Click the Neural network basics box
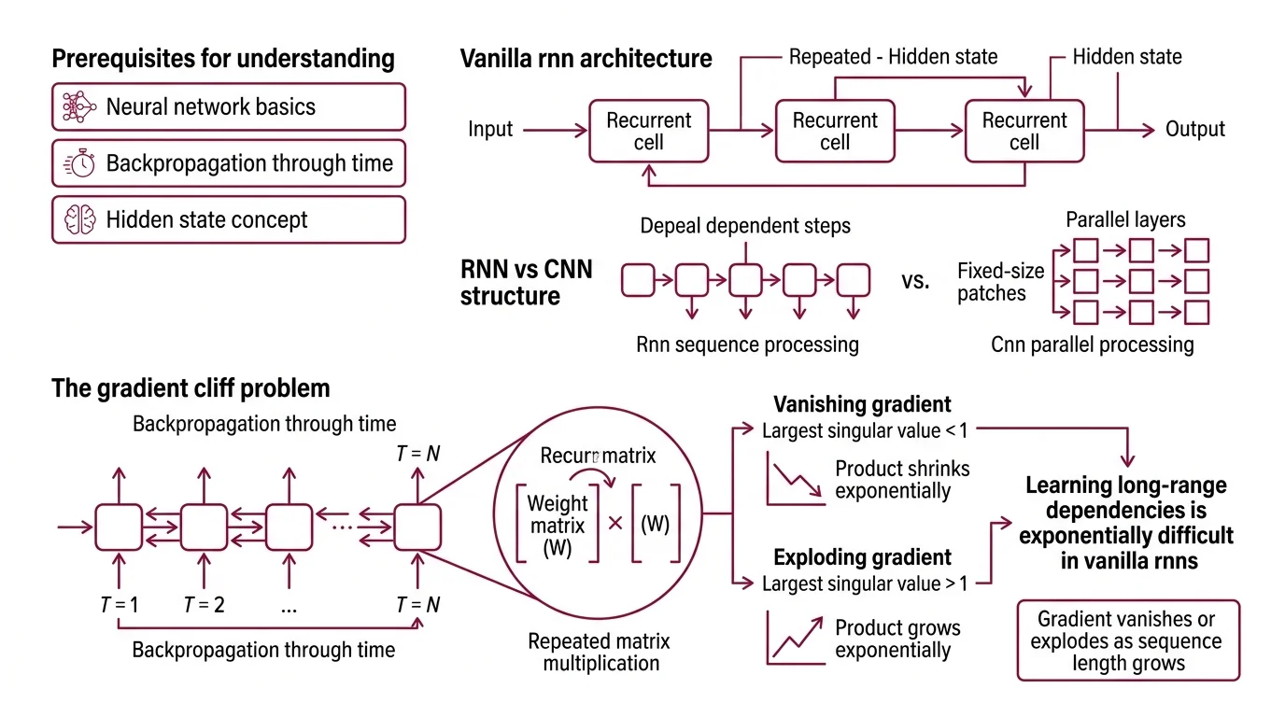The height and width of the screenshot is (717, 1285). pos(228,106)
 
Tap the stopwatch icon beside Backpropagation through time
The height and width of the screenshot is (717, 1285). pos(79,163)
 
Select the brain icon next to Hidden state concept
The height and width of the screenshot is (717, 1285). pos(79,220)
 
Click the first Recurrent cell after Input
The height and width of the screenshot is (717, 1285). pos(648,131)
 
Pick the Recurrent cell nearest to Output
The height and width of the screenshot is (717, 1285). pos(1024,131)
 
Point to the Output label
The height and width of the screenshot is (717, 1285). pos(1195,129)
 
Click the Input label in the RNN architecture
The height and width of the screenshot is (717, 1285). pos(490,129)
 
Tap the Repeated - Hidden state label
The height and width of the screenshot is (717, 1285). pos(893,57)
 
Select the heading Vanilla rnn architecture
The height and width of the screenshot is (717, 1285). pos(586,59)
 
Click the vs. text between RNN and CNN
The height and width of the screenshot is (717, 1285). pos(915,281)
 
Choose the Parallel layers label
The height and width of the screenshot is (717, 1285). pos(1125,220)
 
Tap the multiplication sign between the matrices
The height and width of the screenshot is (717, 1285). pos(614,524)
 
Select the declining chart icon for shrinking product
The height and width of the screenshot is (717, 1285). pos(795,480)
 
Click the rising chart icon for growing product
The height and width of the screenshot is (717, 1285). pos(795,637)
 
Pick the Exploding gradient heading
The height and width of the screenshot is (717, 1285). pos(862,557)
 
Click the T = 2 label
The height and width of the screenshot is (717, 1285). pos(204,604)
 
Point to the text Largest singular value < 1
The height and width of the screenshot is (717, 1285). pos(865,431)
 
